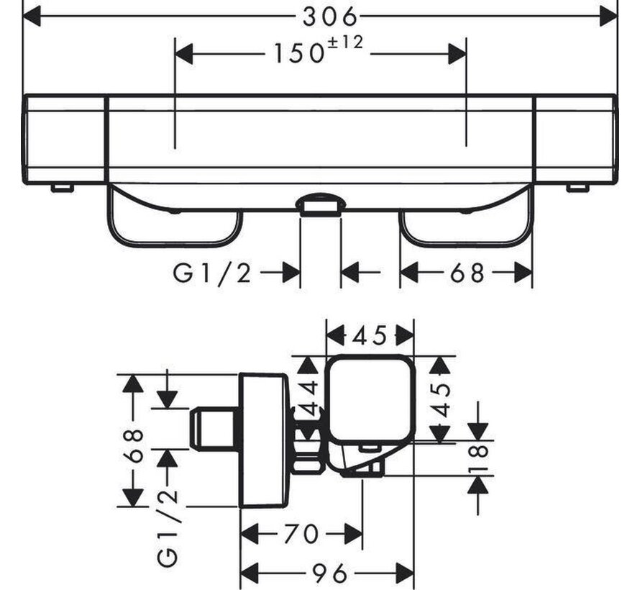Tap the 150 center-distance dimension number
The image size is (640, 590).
298,53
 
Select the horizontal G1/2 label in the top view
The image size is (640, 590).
212,273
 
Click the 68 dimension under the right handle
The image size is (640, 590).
467,273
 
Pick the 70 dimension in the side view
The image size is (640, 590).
301,533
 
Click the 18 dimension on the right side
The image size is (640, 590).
479,458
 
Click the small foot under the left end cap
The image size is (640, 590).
62,189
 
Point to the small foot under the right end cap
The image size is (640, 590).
577,189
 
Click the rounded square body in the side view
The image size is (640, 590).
370,398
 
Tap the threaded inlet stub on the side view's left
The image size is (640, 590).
214,427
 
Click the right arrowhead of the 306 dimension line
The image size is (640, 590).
608,17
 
